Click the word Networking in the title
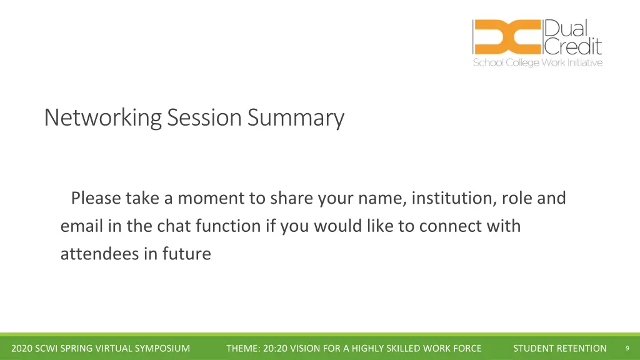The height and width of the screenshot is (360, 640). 103,118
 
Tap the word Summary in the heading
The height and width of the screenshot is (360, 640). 296,118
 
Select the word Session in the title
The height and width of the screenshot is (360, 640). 204,117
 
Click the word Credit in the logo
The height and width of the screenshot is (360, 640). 573,46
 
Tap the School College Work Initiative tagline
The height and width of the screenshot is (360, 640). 537,62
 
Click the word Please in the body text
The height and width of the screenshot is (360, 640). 96,198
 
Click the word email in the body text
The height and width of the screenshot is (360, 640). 82,226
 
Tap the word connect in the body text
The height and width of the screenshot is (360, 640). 451,226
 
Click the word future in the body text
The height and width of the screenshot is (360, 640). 186,254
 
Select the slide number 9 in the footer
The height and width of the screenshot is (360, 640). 627,348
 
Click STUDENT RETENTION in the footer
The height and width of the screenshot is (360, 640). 559,348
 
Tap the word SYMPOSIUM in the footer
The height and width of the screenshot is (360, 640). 162,348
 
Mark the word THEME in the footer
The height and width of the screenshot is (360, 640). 243,348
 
